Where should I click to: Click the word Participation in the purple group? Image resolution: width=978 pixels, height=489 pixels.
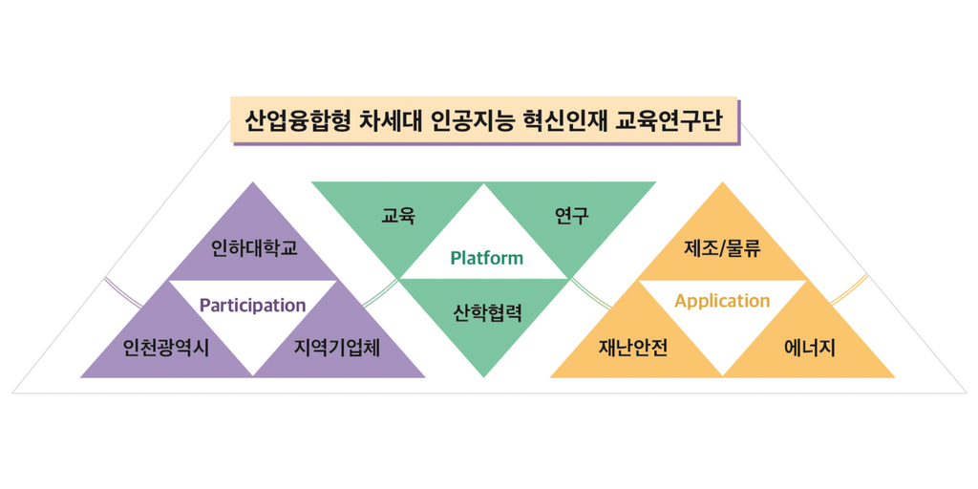click(252, 306)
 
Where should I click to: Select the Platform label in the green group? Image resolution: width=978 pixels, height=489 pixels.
click(486, 258)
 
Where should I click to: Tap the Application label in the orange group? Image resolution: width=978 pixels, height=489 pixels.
click(722, 301)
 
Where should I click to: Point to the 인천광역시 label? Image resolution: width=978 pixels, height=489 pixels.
click(166, 348)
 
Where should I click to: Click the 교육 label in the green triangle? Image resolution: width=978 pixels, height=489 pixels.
click(398, 217)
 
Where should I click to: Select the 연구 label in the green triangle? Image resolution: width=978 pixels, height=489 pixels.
click(572, 217)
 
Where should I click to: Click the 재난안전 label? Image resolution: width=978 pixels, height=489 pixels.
click(634, 348)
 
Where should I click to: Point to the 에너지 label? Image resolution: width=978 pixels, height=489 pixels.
click(810, 348)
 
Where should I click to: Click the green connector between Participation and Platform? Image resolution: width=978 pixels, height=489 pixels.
click(380, 293)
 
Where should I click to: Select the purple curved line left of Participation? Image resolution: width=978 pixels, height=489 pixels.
click(123, 292)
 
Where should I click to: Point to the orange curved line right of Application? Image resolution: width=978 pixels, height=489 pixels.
click(848, 289)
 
